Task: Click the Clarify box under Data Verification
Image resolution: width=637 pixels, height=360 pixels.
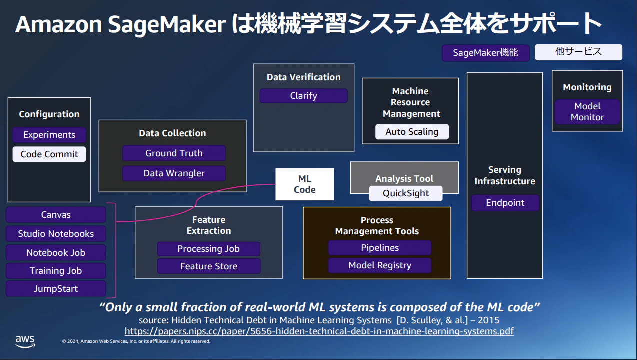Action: (x=303, y=96)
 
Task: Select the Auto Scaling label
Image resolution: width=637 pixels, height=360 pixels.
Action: (x=412, y=132)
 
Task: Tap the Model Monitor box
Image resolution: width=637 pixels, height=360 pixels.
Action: (x=587, y=112)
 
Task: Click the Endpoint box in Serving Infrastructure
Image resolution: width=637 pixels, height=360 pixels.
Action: (x=505, y=203)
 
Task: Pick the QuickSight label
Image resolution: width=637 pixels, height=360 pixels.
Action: (x=406, y=193)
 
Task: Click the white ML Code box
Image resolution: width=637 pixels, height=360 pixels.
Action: (x=304, y=184)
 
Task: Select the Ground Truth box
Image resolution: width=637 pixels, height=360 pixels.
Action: (x=174, y=153)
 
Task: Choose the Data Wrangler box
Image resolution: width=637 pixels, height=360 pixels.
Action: (x=174, y=173)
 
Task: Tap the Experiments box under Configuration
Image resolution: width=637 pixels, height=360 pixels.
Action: (x=49, y=135)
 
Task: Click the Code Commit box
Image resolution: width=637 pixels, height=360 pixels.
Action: (x=49, y=154)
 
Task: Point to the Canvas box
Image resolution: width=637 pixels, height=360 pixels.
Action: (x=56, y=215)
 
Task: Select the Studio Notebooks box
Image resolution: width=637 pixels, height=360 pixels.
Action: (x=56, y=234)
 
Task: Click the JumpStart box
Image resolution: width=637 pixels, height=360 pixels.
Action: (x=56, y=289)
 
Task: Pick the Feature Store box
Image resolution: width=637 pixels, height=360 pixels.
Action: (x=209, y=266)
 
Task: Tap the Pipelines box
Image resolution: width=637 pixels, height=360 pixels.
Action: (x=379, y=248)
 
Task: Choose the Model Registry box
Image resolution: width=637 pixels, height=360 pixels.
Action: (x=379, y=265)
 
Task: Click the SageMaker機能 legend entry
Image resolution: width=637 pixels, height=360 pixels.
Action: (x=485, y=53)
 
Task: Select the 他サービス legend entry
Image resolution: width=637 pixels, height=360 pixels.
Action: (x=578, y=52)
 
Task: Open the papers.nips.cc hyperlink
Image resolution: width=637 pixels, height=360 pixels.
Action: (x=319, y=331)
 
